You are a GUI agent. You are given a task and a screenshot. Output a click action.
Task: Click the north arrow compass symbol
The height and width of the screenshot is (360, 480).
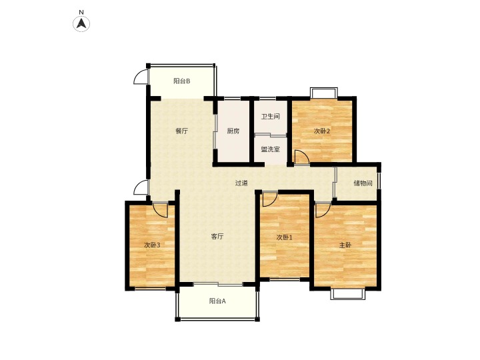tap(81, 23)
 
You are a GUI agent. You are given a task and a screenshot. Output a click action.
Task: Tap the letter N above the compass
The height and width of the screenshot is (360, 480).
tap(81, 12)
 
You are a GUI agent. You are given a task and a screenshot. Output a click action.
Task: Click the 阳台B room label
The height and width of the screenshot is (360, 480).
tap(182, 81)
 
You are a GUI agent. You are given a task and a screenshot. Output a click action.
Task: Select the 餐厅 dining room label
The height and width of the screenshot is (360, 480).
tap(181, 131)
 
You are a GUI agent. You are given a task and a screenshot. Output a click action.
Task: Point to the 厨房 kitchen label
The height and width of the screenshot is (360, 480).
tap(233, 131)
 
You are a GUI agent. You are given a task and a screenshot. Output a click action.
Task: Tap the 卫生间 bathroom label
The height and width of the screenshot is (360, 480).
tap(270, 116)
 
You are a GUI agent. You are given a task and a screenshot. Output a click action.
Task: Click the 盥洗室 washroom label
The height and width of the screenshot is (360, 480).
tap(270, 149)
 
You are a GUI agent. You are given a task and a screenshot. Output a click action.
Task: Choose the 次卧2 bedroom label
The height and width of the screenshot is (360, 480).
tap(322, 131)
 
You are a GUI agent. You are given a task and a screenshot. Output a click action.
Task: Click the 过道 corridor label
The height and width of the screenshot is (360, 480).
tap(241, 183)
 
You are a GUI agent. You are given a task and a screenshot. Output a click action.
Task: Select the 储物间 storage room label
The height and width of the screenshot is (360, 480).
tap(363, 183)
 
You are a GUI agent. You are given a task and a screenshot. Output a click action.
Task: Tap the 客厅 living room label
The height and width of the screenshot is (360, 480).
tap(217, 236)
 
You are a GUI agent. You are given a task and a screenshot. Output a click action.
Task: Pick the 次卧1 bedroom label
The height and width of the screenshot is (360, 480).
tap(285, 237)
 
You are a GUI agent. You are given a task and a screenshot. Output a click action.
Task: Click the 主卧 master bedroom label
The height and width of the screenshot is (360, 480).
tap(345, 245)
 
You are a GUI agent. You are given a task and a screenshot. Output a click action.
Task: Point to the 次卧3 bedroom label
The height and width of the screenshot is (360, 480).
tap(152, 245)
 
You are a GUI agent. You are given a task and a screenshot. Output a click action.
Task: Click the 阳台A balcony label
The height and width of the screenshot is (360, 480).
tap(217, 301)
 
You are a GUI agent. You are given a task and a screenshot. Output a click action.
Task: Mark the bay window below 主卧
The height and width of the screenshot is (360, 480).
tap(348, 294)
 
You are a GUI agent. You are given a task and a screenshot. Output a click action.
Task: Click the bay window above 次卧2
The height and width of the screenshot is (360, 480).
tap(324, 93)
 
